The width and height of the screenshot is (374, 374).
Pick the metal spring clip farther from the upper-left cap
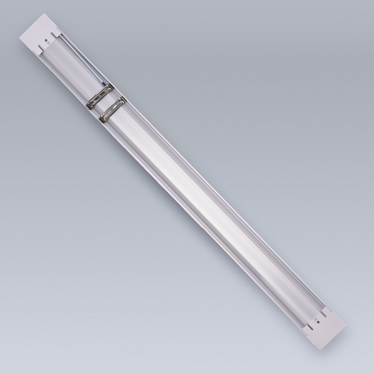point(111,108)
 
